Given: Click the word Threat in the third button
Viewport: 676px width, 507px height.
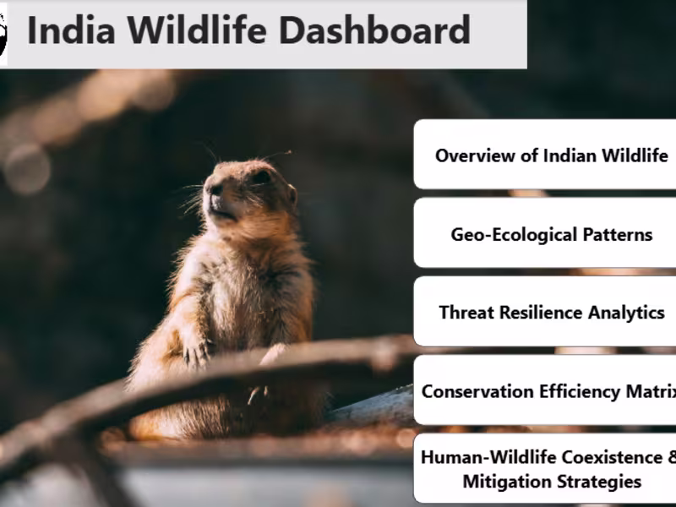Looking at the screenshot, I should tap(466, 312).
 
